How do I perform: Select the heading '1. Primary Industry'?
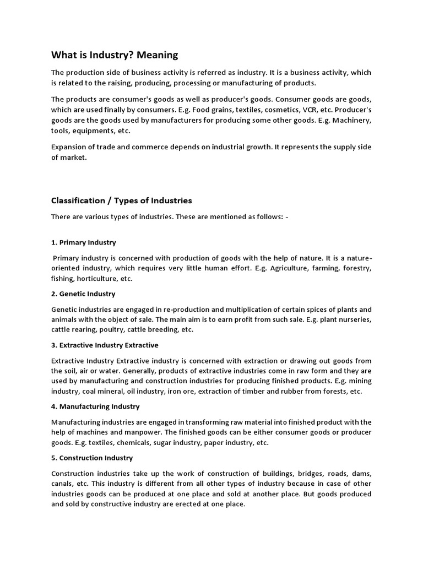83,242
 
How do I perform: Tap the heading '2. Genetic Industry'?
83,294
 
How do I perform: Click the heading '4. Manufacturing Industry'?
95,406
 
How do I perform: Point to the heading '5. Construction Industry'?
92,458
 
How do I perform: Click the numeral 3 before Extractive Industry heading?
53,345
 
